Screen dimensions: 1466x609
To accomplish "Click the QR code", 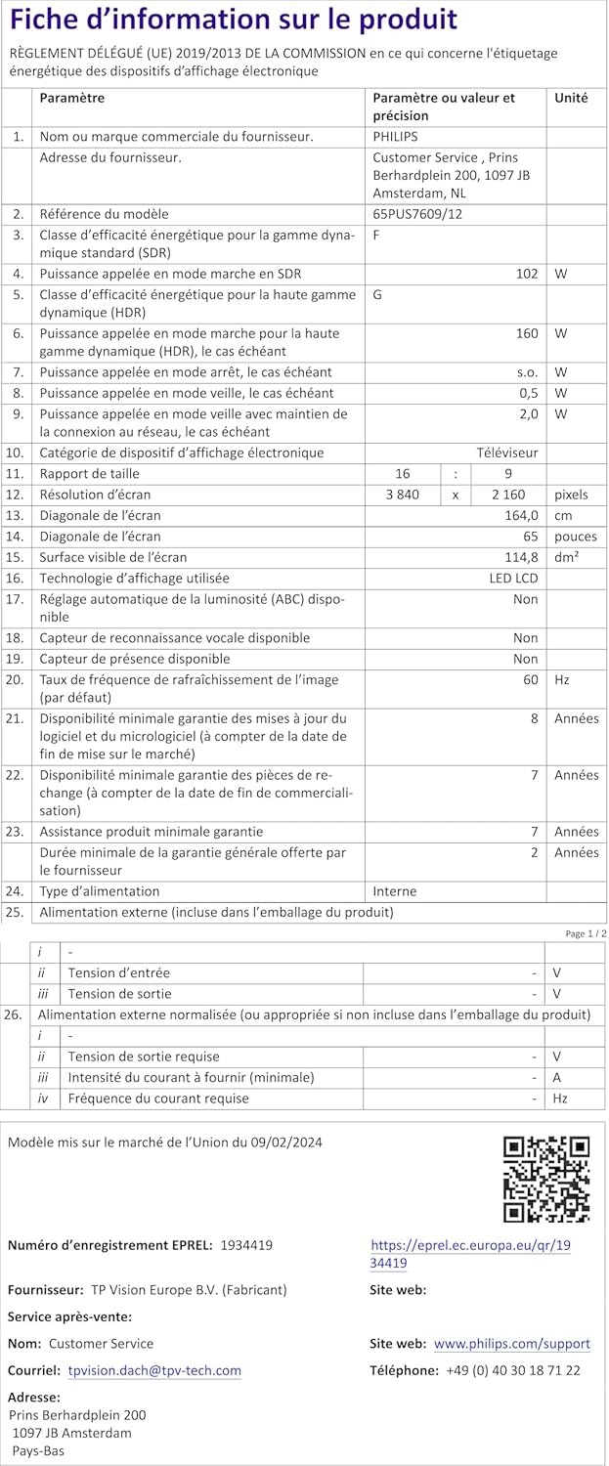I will [x=545, y=1179].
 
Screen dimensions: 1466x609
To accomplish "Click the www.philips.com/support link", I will [x=511, y=1344].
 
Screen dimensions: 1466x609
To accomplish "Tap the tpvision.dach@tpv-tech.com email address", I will [x=154, y=1370].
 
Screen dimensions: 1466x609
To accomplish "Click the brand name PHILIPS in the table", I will [x=395, y=137].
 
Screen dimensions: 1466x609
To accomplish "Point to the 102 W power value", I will [x=527, y=274].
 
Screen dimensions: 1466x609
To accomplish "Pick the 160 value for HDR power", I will [x=527, y=333].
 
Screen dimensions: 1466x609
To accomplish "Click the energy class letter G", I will [x=377, y=294].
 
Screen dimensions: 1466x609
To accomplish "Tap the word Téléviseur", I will [x=506, y=453].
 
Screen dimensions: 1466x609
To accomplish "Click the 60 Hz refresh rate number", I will [x=530, y=679].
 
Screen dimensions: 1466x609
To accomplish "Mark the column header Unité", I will [x=571, y=98].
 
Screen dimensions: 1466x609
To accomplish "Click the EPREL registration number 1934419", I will [x=246, y=1245].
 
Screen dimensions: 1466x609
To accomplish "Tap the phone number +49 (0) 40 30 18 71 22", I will [x=512, y=1370].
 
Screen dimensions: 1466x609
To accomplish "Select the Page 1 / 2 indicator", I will [x=586, y=933].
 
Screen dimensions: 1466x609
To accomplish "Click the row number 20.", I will [x=15, y=679].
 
